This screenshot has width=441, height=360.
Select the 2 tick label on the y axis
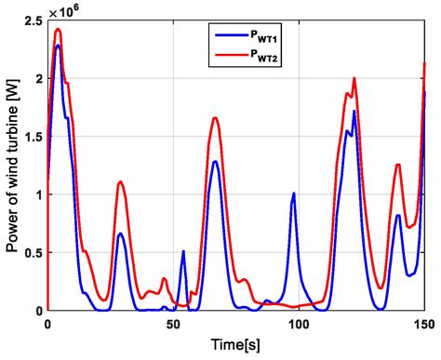coord(36,78)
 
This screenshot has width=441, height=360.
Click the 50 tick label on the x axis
coord(173,325)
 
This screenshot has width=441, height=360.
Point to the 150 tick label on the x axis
coord(423,325)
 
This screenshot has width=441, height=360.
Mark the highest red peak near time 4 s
coord(58,29)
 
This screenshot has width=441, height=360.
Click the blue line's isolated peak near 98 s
coord(294,193)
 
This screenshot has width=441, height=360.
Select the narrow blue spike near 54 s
coord(183,251)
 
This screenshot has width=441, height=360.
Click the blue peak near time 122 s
coord(354,112)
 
